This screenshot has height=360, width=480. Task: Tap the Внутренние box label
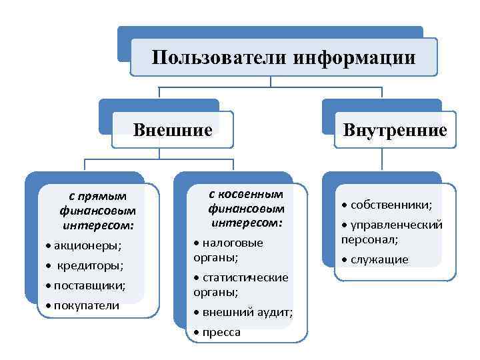[395, 129]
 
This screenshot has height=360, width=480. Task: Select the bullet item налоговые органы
[231, 250]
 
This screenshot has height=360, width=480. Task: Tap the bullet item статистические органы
[243, 284]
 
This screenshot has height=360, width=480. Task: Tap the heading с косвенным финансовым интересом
[246, 207]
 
